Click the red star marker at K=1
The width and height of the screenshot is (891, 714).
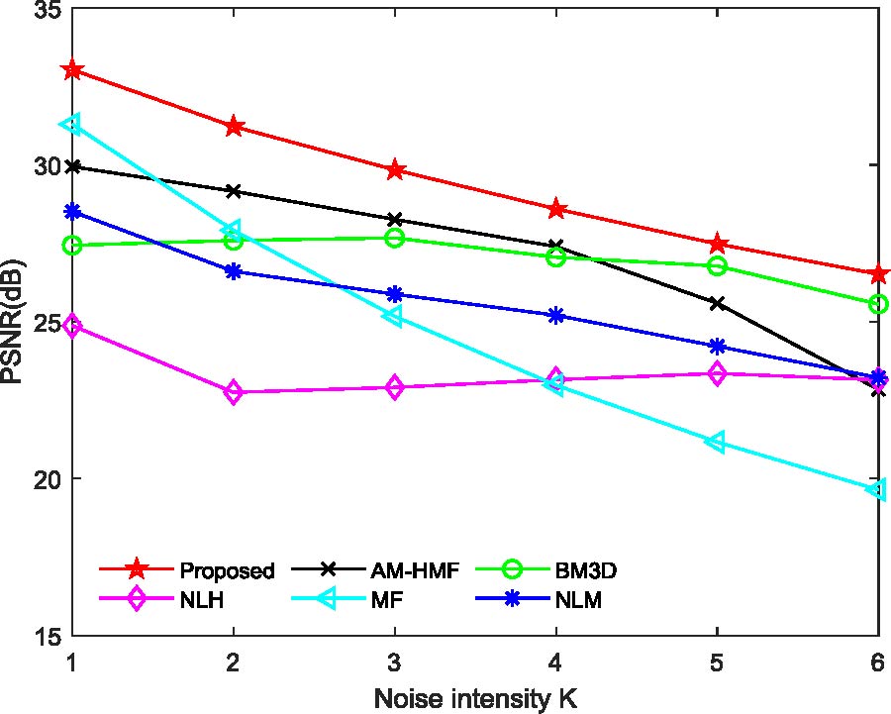coord(71,70)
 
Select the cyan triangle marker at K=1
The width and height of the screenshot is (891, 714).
coord(70,124)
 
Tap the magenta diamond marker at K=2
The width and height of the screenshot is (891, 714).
coord(234,392)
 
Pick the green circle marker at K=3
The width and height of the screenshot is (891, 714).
coord(394,238)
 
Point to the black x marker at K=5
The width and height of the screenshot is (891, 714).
coord(717,303)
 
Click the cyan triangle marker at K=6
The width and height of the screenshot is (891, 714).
coord(877,489)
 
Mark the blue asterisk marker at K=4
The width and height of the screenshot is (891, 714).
coord(555,316)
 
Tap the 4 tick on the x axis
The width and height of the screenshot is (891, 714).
coord(555,661)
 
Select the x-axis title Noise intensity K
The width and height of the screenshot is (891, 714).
coord(475,697)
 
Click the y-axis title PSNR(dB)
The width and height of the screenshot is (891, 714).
coord(14,322)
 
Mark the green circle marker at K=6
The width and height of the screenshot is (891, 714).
coord(878,304)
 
